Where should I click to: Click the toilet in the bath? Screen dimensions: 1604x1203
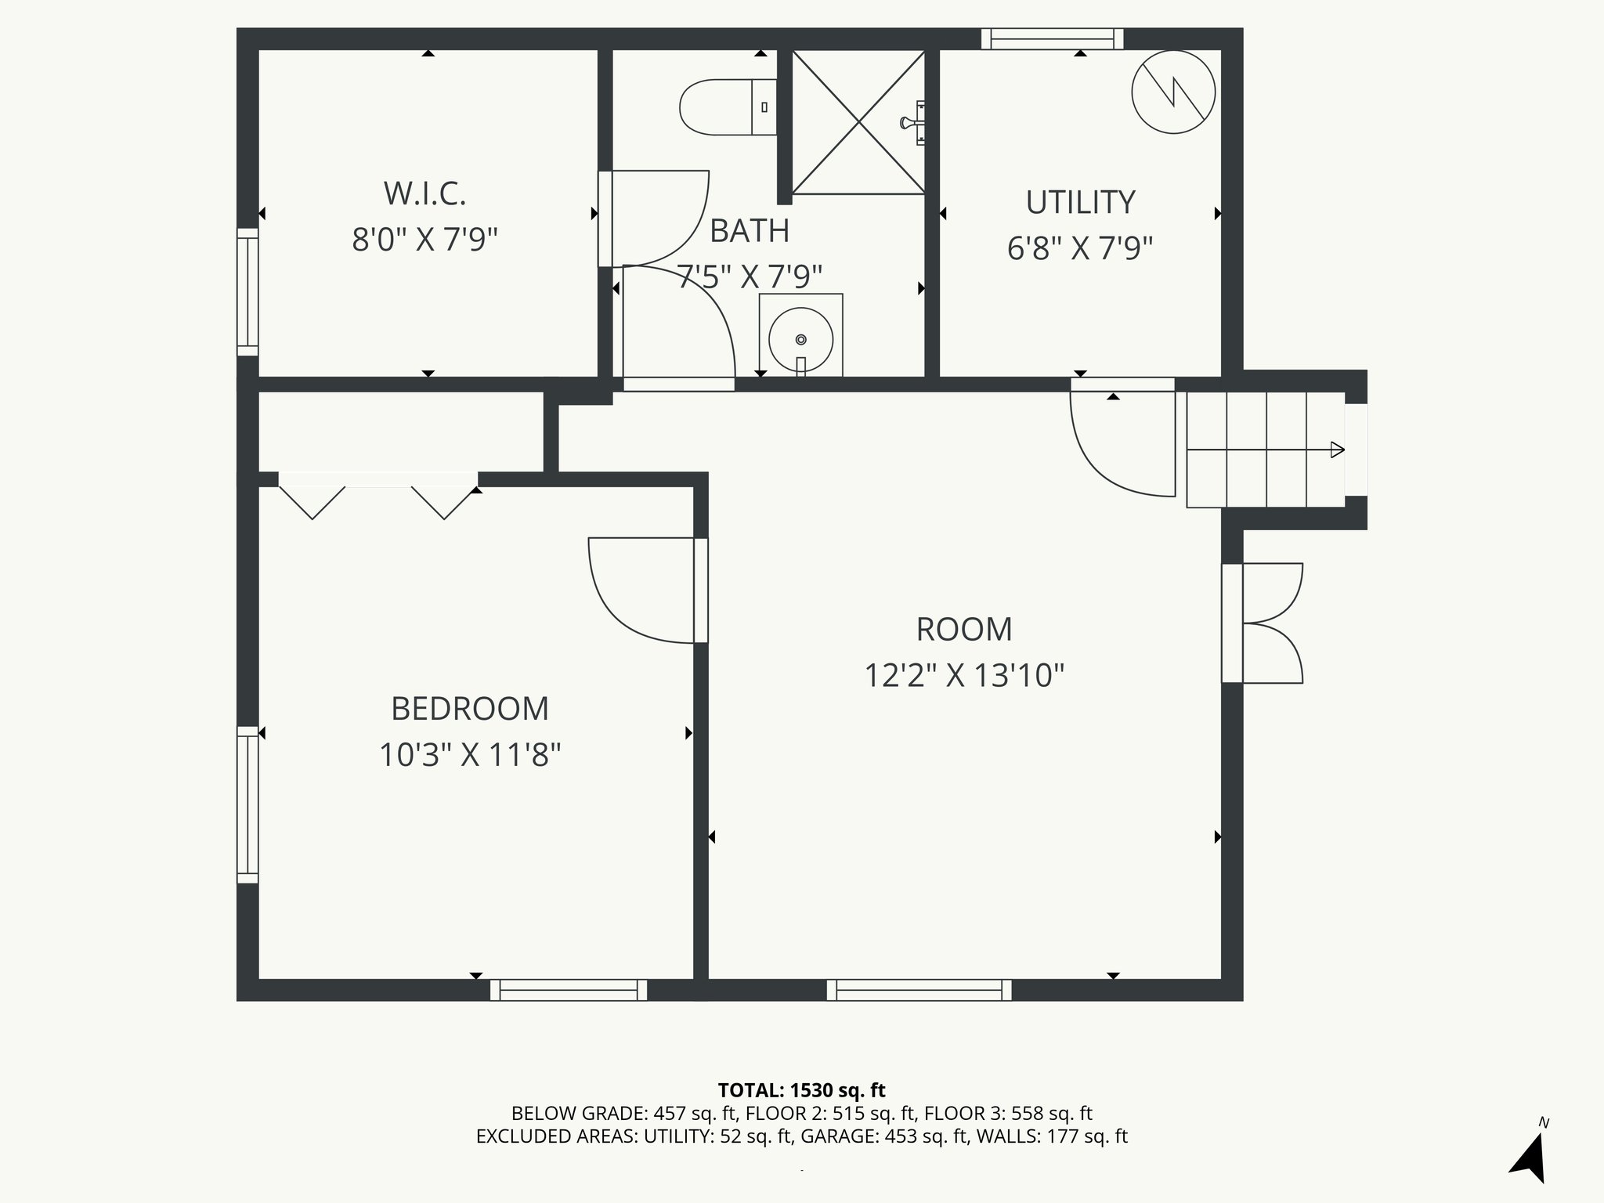(x=728, y=107)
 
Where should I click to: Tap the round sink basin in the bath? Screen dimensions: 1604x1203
(x=800, y=339)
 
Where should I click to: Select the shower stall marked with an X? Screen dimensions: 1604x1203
(x=858, y=122)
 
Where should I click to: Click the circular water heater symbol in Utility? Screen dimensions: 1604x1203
(x=1173, y=92)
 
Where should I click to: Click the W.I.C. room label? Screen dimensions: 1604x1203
(x=424, y=193)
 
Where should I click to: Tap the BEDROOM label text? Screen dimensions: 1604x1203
(x=470, y=709)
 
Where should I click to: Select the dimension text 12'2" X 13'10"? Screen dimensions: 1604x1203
(x=964, y=675)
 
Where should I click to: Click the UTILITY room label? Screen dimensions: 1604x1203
(x=1080, y=202)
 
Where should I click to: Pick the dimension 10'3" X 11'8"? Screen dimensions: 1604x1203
(x=470, y=756)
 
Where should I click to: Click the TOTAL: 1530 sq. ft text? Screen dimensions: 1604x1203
(x=801, y=1090)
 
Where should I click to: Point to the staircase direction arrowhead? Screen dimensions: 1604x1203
(x=1338, y=450)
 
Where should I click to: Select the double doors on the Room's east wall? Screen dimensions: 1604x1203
(x=1263, y=623)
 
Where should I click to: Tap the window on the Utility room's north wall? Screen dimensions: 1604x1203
(x=1052, y=38)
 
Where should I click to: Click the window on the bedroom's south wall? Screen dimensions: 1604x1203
(x=569, y=990)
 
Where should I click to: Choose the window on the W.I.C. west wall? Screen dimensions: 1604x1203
(x=247, y=292)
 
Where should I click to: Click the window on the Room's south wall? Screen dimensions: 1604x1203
(x=919, y=990)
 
